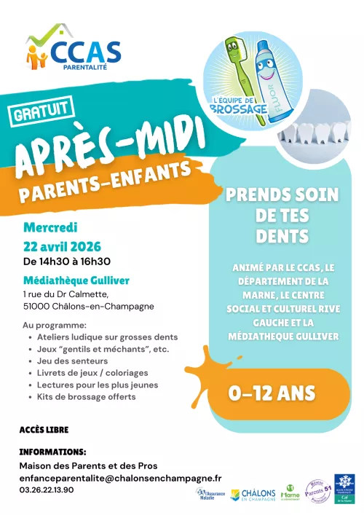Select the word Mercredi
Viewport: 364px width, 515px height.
[x=50, y=228]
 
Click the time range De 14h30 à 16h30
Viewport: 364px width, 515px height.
[x=67, y=261]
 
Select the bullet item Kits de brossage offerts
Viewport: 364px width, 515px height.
[x=86, y=397]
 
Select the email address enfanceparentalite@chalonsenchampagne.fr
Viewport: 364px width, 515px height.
[x=120, y=478]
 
